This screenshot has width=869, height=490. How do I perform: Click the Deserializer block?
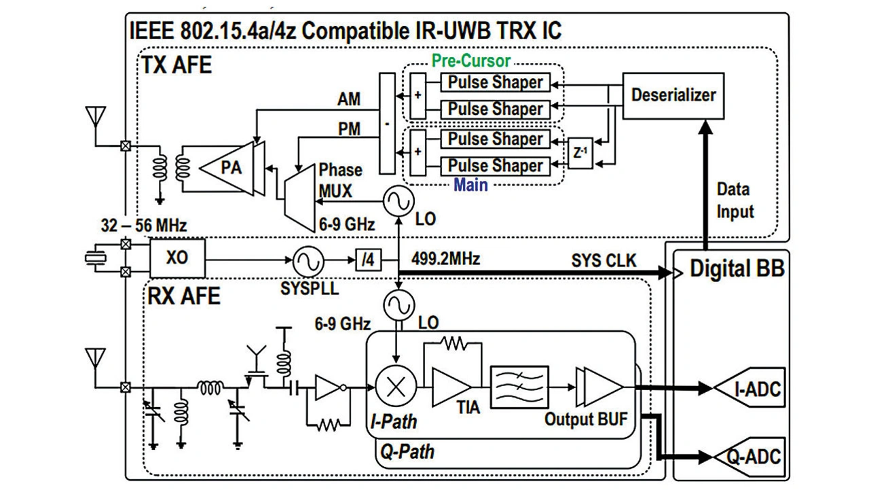pos(673,94)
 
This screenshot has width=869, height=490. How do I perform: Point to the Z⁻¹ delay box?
pos(578,154)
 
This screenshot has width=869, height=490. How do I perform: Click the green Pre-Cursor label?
pos(471,60)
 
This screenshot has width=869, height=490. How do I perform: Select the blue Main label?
pos(471,185)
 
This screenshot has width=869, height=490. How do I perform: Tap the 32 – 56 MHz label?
pos(143,224)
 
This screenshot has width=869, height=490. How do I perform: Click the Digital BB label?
pos(737,268)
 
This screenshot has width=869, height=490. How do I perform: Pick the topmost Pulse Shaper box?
pos(496,82)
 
